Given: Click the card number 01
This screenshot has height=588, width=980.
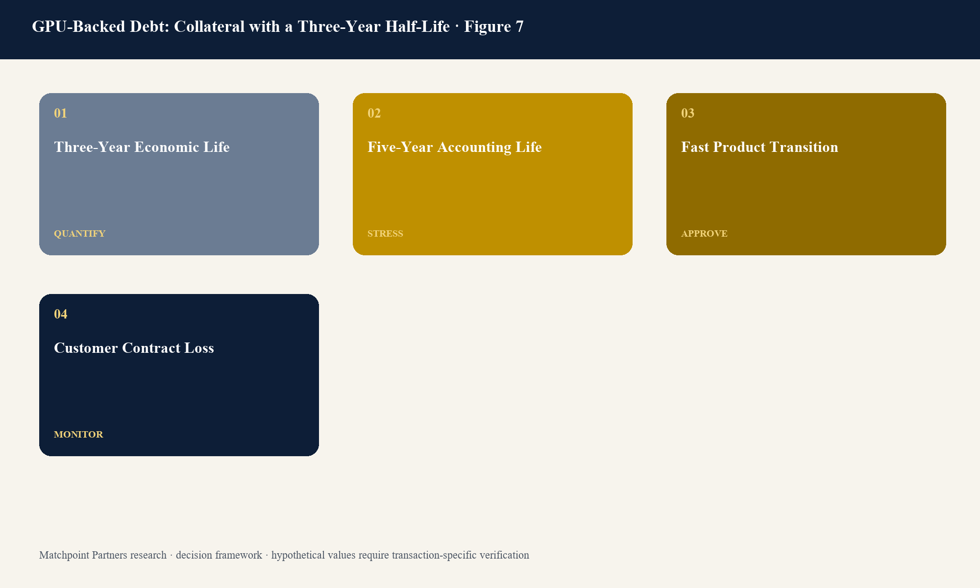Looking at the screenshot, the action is (x=60, y=113).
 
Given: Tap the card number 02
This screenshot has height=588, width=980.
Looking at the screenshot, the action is (x=374, y=113).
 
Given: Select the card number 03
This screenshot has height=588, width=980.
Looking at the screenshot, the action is (x=687, y=113).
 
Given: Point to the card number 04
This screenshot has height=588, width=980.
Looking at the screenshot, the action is (x=60, y=314).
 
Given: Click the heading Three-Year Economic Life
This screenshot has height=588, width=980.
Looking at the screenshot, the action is (x=142, y=147).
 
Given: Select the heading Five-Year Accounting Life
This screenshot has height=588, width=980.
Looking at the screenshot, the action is (x=455, y=147).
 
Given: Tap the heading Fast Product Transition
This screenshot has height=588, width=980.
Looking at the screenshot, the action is (x=759, y=147).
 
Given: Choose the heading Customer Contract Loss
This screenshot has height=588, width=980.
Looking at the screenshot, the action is (x=134, y=348).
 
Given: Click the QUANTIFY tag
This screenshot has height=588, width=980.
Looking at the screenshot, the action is (x=79, y=234).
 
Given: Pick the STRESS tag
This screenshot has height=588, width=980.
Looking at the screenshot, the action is (x=385, y=234).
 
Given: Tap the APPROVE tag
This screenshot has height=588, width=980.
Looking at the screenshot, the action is (x=704, y=234).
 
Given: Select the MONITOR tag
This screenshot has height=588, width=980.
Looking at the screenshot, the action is (x=78, y=435).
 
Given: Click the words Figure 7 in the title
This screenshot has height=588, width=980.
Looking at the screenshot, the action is (x=494, y=26).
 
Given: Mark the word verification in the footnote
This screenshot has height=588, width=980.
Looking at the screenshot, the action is (x=504, y=555).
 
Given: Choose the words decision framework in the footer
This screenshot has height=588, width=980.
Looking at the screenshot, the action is (x=219, y=555).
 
